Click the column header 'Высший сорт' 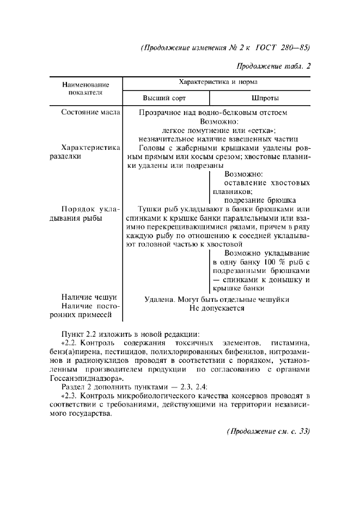tap(164, 98)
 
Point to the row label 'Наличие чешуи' tap(89, 297)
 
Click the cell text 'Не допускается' tap(217, 308)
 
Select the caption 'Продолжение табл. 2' tap(273, 66)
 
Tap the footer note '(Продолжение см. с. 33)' tap(267, 431)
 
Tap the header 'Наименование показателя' tap(86, 89)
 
